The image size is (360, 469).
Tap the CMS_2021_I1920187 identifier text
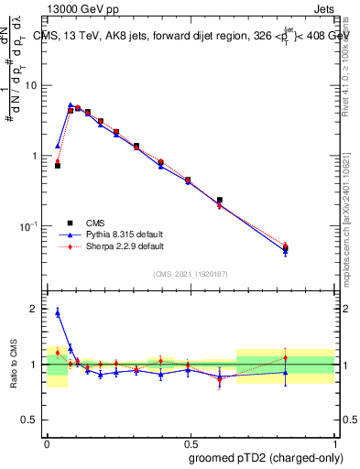pos(191,274)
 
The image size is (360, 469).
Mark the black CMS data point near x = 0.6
pos(220,200)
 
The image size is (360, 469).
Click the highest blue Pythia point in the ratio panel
pos(58,312)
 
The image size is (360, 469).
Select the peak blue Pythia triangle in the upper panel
pos(71,105)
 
